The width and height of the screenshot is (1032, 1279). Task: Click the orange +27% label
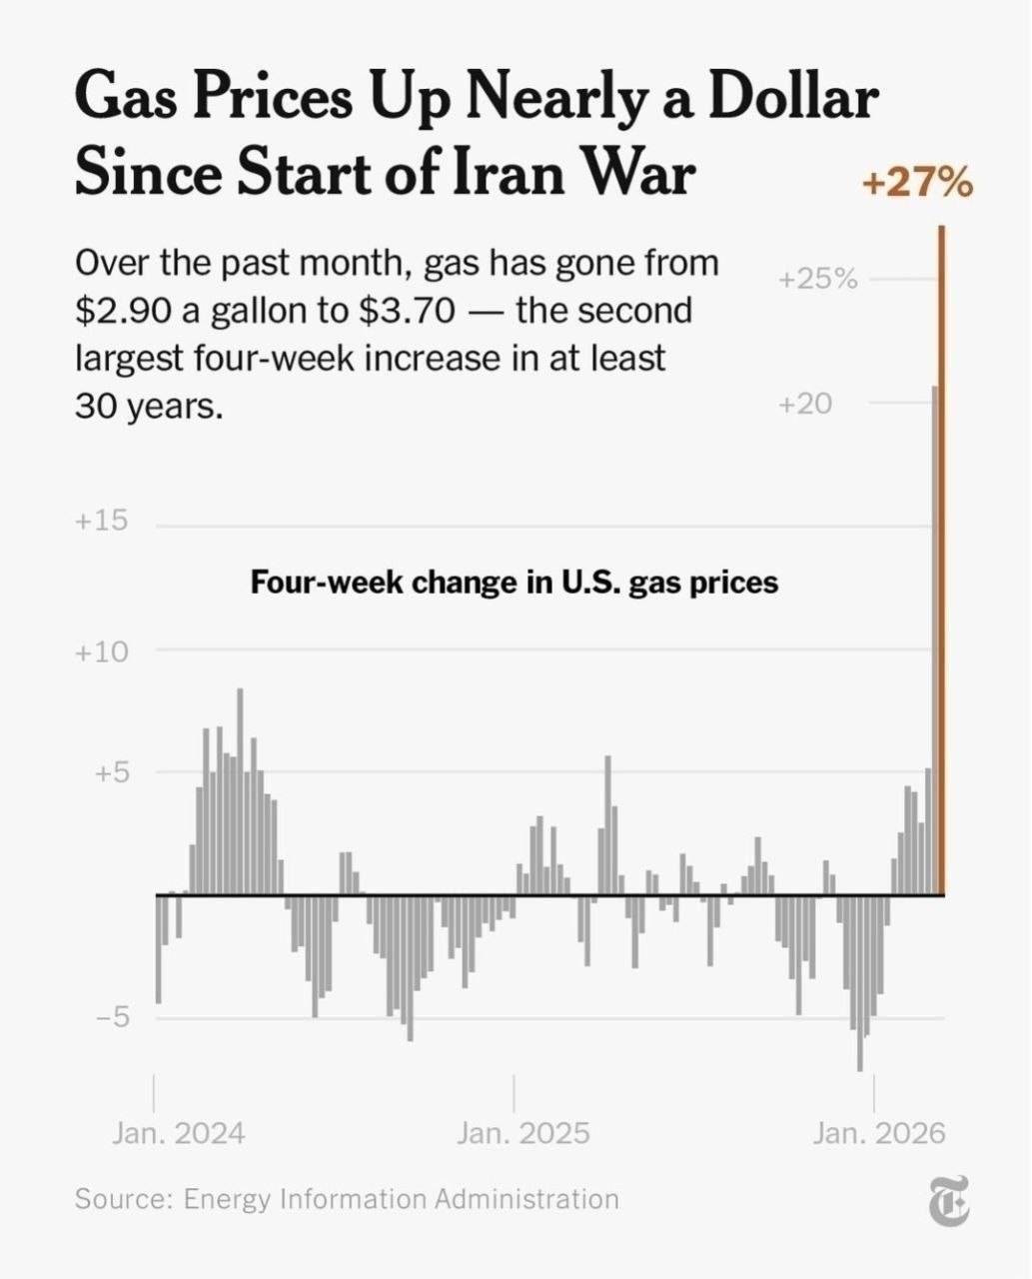(x=916, y=184)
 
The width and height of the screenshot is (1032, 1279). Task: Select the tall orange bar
(x=941, y=560)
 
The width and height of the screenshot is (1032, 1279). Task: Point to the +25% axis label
(x=818, y=279)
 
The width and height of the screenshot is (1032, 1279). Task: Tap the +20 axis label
(x=804, y=404)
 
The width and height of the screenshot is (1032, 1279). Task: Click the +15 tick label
(x=101, y=521)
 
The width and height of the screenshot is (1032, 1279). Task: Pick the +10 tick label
(x=101, y=651)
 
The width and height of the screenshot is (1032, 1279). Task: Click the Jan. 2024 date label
(x=178, y=1133)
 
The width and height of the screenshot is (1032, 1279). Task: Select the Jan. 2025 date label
(x=523, y=1133)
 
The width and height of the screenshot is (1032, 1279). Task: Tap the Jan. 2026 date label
(x=879, y=1133)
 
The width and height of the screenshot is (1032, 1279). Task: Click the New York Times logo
(x=948, y=1201)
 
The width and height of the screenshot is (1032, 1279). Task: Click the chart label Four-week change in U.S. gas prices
(x=514, y=582)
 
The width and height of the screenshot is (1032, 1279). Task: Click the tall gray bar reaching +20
(x=934, y=639)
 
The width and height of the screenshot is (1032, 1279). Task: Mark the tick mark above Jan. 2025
(x=515, y=1093)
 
